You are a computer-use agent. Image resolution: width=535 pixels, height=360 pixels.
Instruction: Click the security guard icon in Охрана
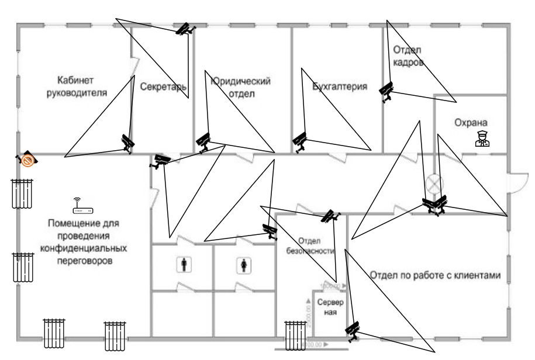click(482, 139)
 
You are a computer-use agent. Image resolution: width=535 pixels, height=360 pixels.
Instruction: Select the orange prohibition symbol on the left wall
click(27, 159)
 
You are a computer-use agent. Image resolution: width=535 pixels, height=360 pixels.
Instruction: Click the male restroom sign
click(185, 265)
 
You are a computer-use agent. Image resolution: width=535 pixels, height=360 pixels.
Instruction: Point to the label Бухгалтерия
click(340, 87)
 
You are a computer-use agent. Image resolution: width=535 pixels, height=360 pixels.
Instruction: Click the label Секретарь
click(163, 87)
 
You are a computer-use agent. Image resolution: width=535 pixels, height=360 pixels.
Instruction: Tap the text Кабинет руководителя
click(77, 85)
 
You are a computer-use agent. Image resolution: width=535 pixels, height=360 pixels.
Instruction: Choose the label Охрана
click(471, 123)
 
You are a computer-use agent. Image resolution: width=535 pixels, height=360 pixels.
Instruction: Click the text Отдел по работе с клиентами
click(436, 275)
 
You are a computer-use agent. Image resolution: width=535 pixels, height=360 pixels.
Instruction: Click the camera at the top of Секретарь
click(186, 29)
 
